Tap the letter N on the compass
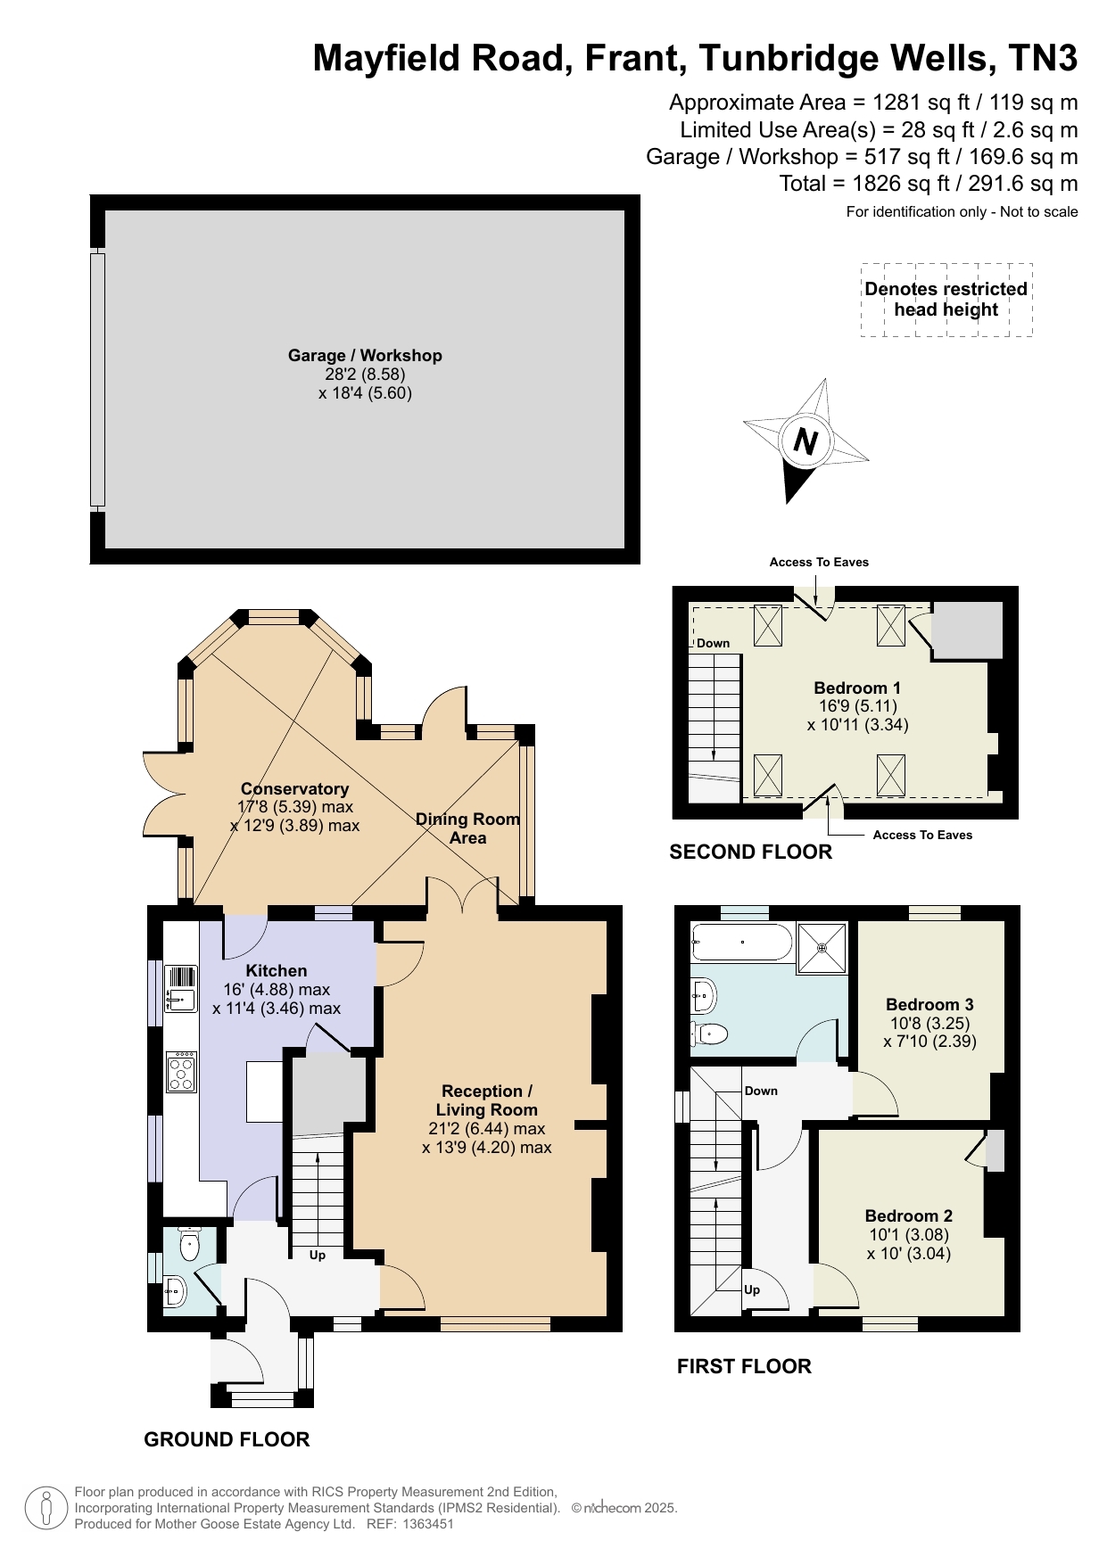click(x=805, y=441)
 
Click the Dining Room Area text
click(x=467, y=828)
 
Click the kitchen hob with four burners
click(x=181, y=1072)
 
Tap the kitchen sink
click(x=181, y=989)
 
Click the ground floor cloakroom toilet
click(x=189, y=1244)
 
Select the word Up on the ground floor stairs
click(x=317, y=1255)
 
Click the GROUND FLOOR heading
click(x=227, y=1439)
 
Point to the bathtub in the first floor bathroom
click(x=741, y=942)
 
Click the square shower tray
click(x=822, y=947)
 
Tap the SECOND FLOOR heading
click(x=750, y=852)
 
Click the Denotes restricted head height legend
click(x=946, y=300)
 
